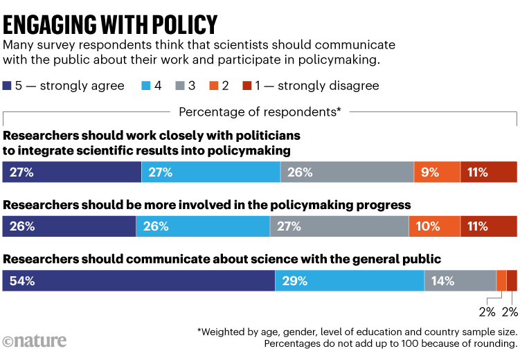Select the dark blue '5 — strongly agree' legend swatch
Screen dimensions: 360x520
point(7,86)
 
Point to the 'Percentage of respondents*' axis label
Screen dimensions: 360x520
point(260,111)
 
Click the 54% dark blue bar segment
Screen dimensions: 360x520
point(138,281)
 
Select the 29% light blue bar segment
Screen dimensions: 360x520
point(350,281)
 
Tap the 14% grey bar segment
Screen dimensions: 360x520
point(460,281)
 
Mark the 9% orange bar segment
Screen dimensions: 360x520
point(437,172)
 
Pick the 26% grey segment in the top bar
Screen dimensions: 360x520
point(347,172)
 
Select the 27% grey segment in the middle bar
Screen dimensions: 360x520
point(339,226)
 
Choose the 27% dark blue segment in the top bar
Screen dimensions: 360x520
point(72,172)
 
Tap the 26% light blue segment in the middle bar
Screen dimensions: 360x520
point(203,226)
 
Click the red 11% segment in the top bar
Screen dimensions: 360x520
point(489,172)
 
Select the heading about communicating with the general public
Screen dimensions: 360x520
point(222,260)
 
